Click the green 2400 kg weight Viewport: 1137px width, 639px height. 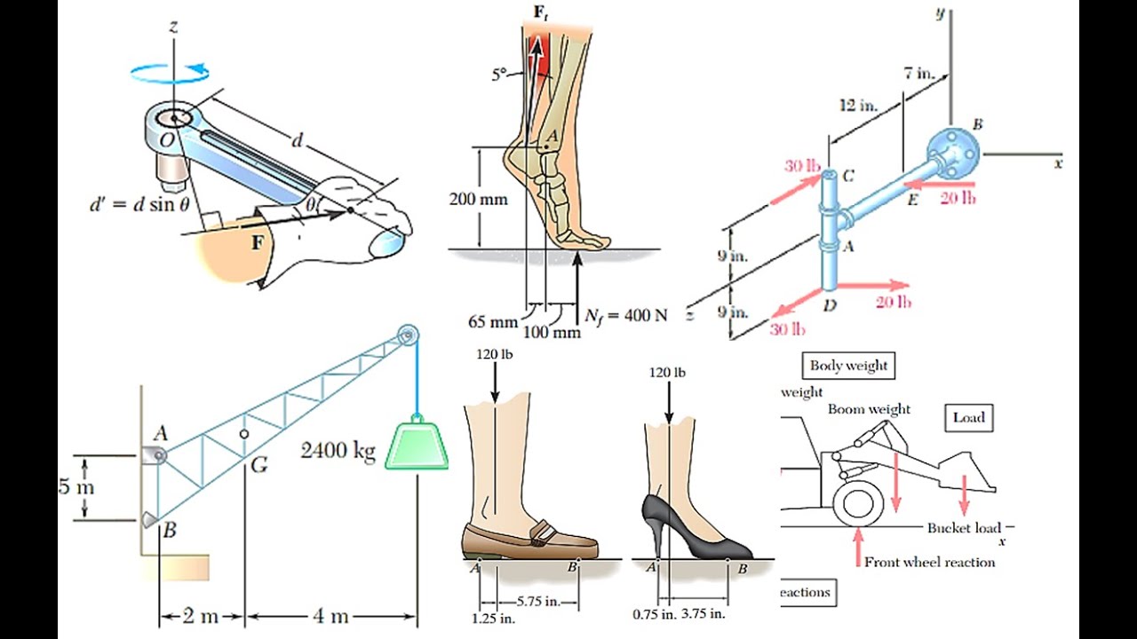(416, 444)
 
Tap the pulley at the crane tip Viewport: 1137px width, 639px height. (408, 336)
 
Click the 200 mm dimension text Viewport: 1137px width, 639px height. (478, 199)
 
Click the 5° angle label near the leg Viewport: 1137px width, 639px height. (501, 75)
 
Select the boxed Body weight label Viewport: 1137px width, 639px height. (848, 365)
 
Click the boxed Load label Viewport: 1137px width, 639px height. (969, 417)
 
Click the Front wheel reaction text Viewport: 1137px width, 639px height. (929, 562)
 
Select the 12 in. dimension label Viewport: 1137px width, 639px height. (858, 106)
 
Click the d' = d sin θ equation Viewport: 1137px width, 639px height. (139, 205)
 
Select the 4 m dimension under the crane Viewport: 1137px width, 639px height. (330, 616)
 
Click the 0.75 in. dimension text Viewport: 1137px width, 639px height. (654, 613)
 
